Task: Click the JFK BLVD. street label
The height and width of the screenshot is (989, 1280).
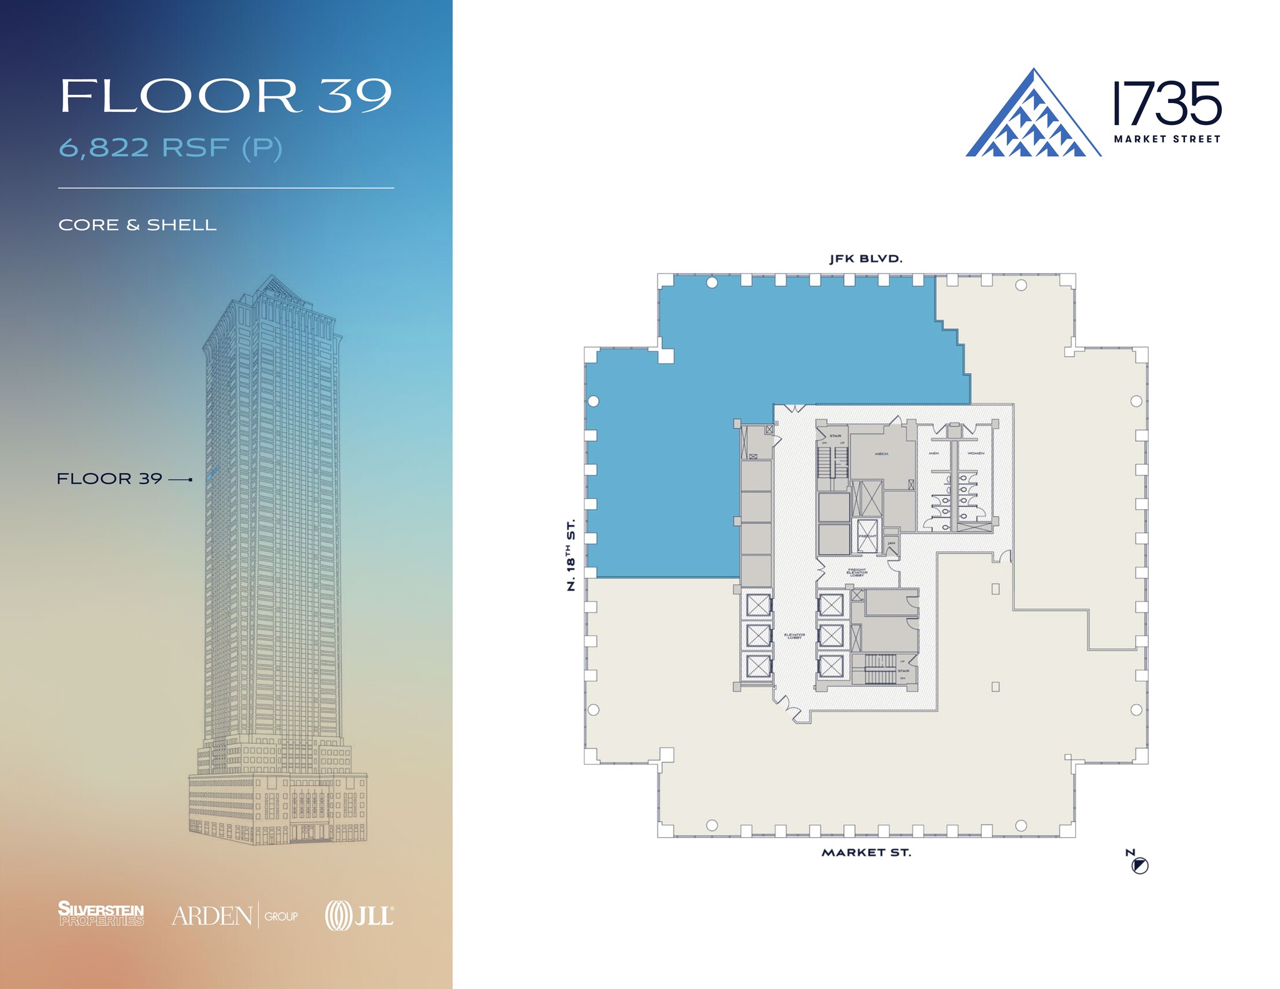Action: [x=866, y=259]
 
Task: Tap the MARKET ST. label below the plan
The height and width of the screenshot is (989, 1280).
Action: [x=866, y=853]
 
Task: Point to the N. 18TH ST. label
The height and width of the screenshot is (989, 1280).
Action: [x=570, y=555]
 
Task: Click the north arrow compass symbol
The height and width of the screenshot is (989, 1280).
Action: [x=1140, y=866]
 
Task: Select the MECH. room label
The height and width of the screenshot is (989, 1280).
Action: [x=881, y=454]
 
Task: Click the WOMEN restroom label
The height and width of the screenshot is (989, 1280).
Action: [x=976, y=453]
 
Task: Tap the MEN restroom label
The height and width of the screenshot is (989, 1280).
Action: [x=934, y=453]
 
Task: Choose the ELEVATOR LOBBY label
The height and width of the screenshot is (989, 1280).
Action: [x=794, y=636]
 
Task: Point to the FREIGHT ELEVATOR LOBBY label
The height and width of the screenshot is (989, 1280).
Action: [x=857, y=572]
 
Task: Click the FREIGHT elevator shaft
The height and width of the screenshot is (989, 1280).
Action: [x=867, y=536]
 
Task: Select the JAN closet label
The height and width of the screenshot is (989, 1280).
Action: [x=891, y=544]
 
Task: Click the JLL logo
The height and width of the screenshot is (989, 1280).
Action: [x=359, y=916]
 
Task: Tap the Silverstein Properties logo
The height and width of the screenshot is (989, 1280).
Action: [x=101, y=913]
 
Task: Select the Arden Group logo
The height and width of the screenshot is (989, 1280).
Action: [x=234, y=916]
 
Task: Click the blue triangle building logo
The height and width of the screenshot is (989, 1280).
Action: [x=1033, y=115]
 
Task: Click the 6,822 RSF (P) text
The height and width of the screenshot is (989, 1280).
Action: [x=171, y=148]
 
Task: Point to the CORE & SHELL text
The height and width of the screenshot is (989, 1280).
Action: [x=137, y=225]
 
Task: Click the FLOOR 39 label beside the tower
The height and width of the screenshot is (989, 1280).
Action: [x=109, y=479]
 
